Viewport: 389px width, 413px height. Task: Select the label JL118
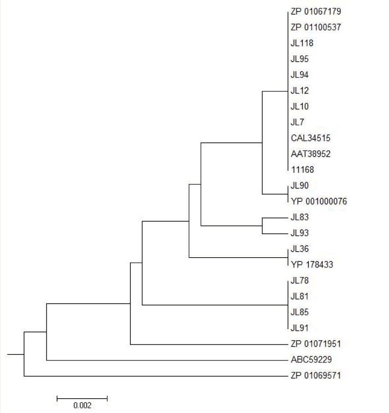(302, 43)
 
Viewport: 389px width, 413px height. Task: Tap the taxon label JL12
(300, 91)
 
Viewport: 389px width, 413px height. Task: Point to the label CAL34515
(310, 138)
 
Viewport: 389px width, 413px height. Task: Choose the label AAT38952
(311, 154)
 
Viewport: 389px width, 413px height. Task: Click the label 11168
(302, 170)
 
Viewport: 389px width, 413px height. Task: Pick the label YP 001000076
(318, 201)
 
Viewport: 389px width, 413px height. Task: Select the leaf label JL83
(300, 217)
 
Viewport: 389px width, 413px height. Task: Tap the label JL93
(300, 233)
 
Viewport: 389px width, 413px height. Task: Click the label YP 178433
(312, 265)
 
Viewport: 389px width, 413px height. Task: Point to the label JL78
(300, 280)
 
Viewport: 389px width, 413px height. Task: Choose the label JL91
(300, 328)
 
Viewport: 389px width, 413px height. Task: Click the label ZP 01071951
(316, 344)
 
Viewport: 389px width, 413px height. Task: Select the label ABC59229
(311, 360)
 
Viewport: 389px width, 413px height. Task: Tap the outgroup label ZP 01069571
(316, 376)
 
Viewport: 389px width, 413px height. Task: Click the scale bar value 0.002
(82, 406)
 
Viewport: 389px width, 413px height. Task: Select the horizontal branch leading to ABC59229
(166, 360)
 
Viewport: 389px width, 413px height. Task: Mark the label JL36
(300, 249)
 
